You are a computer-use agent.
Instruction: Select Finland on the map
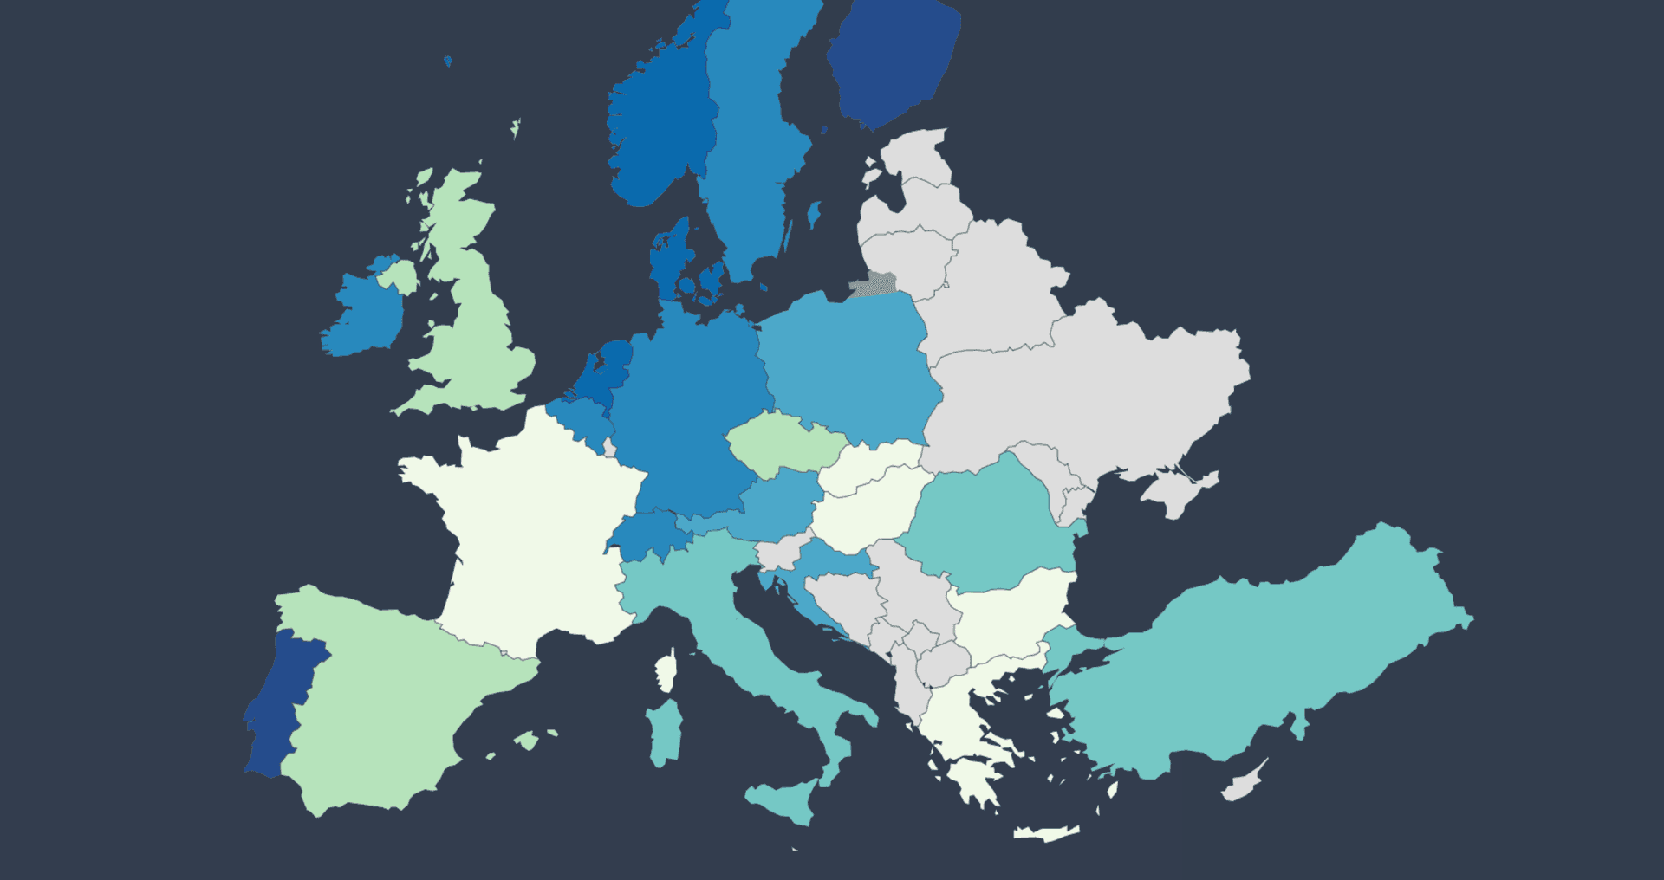pyautogui.click(x=893, y=65)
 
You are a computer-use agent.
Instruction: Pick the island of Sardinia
pyautogui.click(x=666, y=732)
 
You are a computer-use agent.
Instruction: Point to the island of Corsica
pyautogui.click(x=666, y=672)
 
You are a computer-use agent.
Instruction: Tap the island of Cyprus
pyautogui.click(x=1244, y=784)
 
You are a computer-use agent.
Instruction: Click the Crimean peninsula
pyautogui.click(x=1179, y=494)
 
